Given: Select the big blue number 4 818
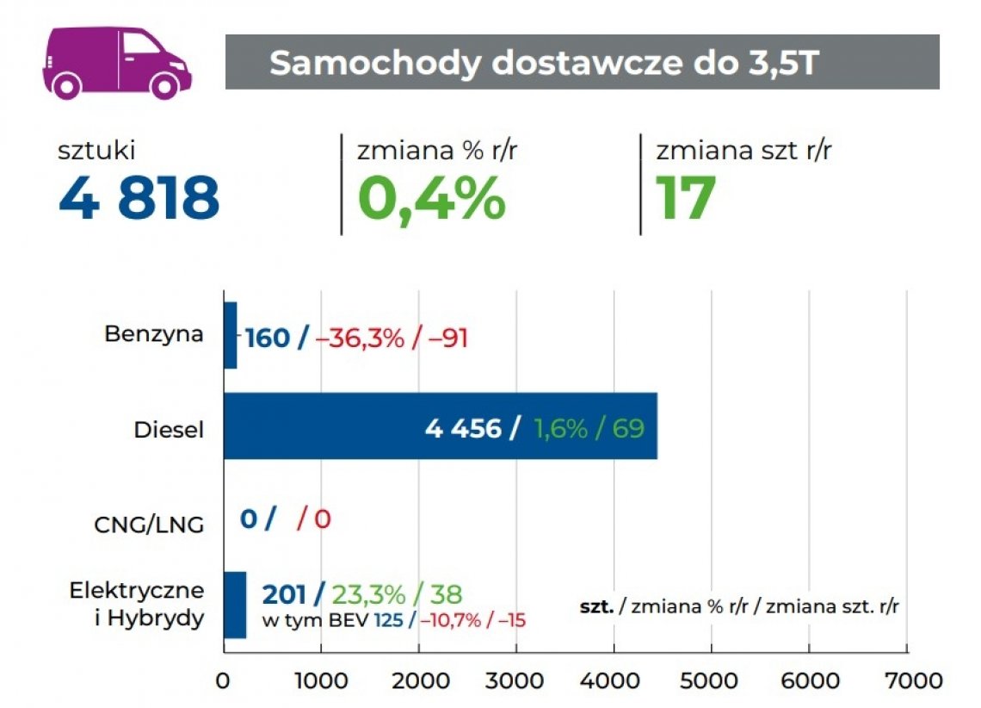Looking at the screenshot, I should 139,196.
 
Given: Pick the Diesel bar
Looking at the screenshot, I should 440,426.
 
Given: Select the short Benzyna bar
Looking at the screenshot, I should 230,336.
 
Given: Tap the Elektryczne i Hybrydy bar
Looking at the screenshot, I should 235,605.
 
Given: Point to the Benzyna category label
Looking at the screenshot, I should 154,334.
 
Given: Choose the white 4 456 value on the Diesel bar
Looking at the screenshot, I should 463,428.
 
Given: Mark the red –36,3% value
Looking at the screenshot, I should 360,338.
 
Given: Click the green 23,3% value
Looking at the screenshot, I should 367,593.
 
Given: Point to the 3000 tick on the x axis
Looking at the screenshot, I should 515,680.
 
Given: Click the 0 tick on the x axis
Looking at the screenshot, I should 223,680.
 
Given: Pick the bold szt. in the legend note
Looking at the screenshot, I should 597,606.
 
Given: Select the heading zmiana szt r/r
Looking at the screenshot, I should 743,152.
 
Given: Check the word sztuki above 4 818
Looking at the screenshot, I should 97,152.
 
